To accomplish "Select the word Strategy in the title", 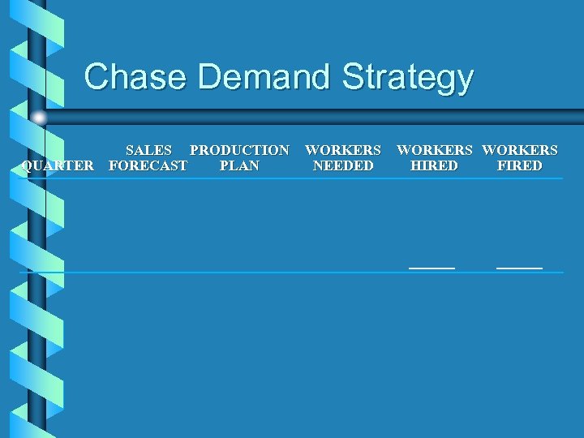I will (x=408, y=79).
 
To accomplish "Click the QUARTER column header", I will (x=58, y=166).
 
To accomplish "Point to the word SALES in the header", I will (x=148, y=150).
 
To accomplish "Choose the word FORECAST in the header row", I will (x=148, y=166).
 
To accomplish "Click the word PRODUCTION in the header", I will (x=239, y=150).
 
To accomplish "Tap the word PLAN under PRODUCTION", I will (x=239, y=166).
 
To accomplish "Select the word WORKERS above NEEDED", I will (x=343, y=150).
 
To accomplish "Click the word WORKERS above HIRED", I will (x=434, y=150).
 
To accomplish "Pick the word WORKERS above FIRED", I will (x=520, y=150).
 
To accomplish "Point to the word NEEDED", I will (x=343, y=166).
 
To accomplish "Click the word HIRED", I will (x=434, y=166).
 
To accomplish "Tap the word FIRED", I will (x=520, y=166).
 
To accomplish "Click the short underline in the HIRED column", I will (x=432, y=267).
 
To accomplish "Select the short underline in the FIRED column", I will (x=519, y=267).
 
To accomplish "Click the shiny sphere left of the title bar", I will (x=39, y=118).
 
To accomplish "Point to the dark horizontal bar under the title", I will (x=324, y=115).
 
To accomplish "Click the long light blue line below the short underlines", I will (x=292, y=273).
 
